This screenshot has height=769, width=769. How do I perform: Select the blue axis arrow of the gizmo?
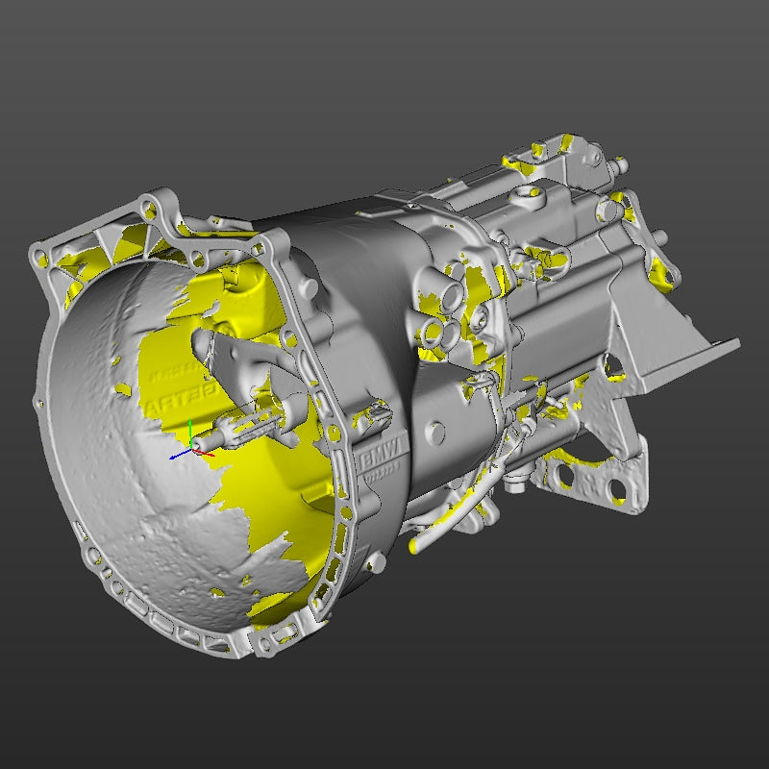[x=178, y=456]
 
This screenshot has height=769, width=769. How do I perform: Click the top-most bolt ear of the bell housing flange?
[x=150, y=204]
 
